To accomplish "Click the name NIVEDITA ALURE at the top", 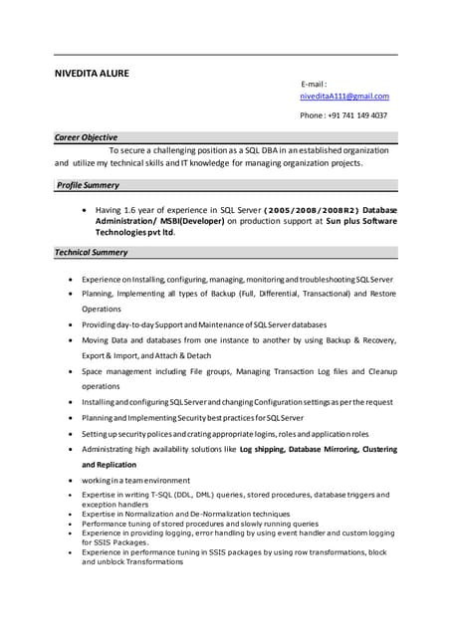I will click(x=91, y=73).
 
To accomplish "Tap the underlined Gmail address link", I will click(x=344, y=97).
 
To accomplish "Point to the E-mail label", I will click(x=314, y=85).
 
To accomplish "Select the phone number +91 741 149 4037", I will click(x=356, y=115).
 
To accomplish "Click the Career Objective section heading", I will click(x=87, y=137).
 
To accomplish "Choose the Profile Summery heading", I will click(x=88, y=185).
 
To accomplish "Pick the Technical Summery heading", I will click(x=93, y=253).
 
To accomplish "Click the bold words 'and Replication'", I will click(x=109, y=465).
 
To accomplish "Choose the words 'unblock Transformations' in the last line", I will click(x=132, y=562).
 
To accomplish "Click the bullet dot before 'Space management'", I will click(x=69, y=371).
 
